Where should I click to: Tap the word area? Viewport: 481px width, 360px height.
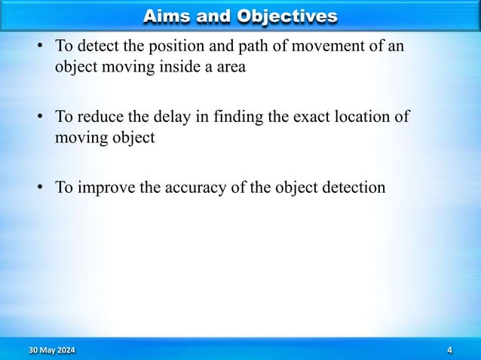coord(240,66)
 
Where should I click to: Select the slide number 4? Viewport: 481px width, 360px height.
coord(449,349)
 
